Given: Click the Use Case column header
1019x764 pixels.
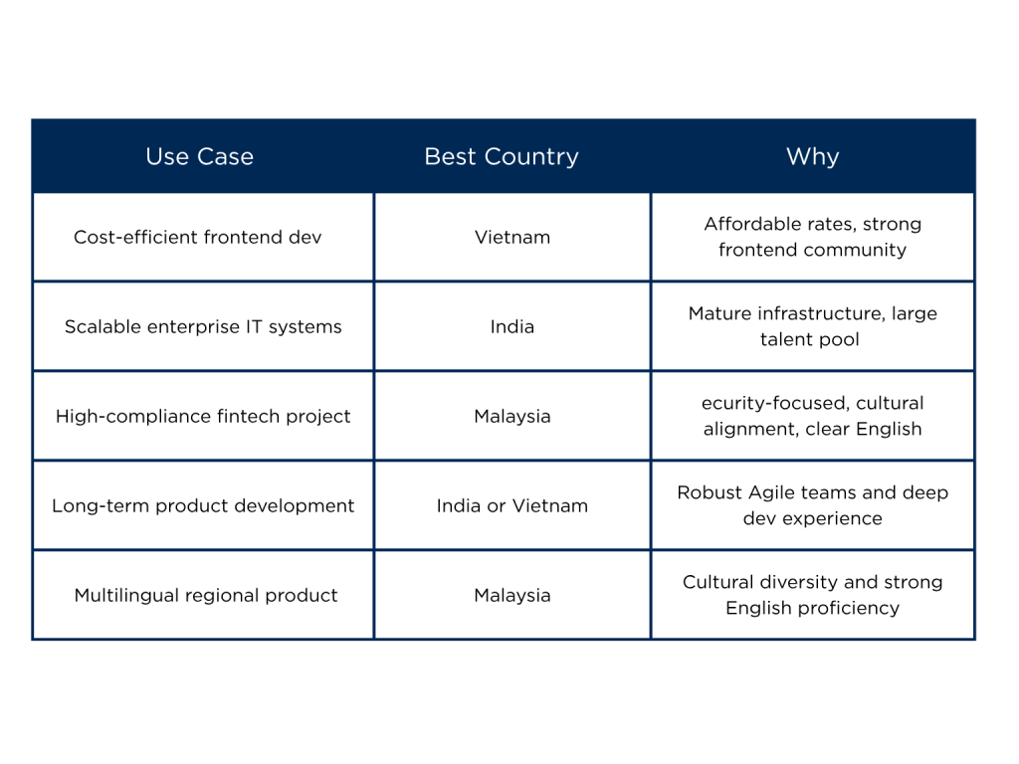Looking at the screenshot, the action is pos(199,156).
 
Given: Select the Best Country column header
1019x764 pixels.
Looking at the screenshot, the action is pos(502,157).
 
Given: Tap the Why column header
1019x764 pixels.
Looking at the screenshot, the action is pos(812,157).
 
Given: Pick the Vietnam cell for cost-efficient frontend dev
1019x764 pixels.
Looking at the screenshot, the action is pos(512,237).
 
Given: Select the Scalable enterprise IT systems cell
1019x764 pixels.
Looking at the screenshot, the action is pos(203,326).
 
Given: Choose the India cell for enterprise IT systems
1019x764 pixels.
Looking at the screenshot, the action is pos(512,326).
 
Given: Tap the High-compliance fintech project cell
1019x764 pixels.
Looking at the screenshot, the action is pos(203,417).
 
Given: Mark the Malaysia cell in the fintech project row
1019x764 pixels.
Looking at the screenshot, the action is pos(512,417).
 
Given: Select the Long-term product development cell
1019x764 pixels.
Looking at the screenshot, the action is pos(203,506).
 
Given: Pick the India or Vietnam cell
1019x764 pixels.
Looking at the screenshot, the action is pos(512,506).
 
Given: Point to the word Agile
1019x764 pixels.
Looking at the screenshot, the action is pos(772,493).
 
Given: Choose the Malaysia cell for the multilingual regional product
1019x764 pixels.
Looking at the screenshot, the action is pos(512,596).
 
